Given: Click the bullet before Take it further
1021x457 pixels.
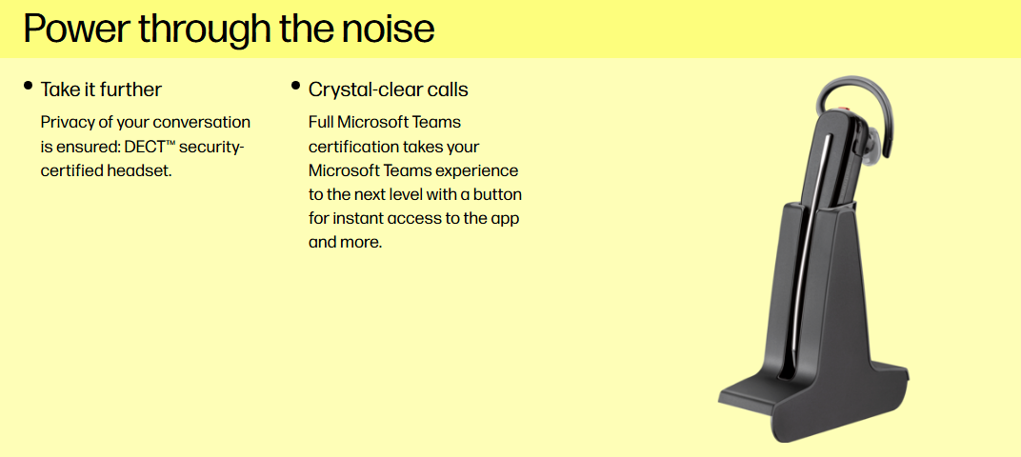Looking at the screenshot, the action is [28, 85].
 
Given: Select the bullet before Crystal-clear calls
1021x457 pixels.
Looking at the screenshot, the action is [295, 85].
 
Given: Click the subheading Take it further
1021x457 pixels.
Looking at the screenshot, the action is [101, 89].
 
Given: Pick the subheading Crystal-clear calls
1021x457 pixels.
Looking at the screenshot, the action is [388, 89].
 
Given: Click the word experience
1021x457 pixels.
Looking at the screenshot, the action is [476, 172].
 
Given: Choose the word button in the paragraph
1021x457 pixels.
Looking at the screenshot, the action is [497, 195].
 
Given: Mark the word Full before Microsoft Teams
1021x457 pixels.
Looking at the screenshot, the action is [320, 123].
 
